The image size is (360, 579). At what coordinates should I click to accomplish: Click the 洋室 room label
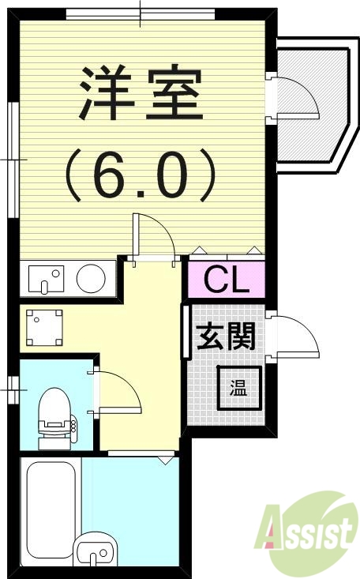pyautogui.click(x=141, y=93)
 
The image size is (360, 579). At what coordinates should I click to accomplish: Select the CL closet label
pyautogui.click(x=227, y=279)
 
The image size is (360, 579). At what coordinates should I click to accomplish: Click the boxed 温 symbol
pyautogui.click(x=238, y=388)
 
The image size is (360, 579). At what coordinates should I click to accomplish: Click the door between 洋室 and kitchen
pyautogui.click(x=154, y=237)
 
